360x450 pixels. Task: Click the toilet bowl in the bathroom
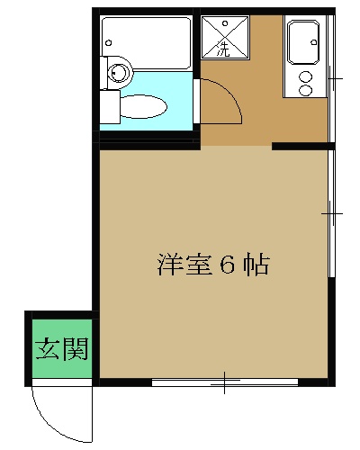[146, 106]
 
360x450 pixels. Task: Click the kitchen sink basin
[301, 40]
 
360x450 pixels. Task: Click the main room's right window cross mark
[332, 213]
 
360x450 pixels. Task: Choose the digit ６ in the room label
[227, 266]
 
